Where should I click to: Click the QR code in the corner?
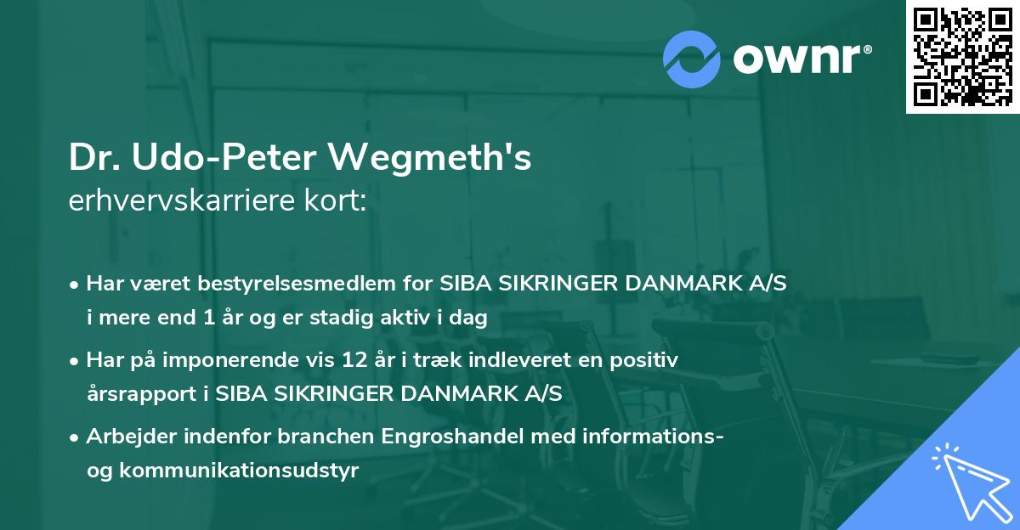[962, 56]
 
